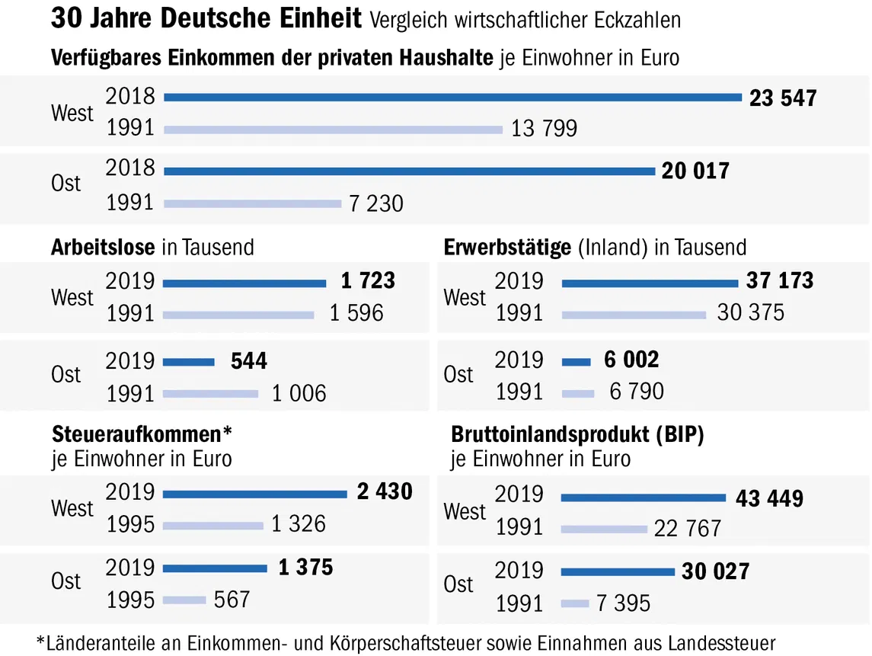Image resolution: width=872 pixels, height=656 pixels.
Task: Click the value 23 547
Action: click(x=783, y=98)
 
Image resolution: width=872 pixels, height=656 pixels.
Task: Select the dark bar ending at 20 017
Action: click(x=410, y=171)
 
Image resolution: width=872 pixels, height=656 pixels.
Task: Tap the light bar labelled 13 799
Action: click(x=334, y=129)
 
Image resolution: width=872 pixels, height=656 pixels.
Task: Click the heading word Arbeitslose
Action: click(x=104, y=247)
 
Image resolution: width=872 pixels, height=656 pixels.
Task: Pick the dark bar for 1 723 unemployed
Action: click(x=245, y=283)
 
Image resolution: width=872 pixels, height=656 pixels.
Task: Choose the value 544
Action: click(x=249, y=360)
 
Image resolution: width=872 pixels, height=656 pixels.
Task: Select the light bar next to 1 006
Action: click(x=211, y=393)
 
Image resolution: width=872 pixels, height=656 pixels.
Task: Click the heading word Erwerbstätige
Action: click(x=507, y=247)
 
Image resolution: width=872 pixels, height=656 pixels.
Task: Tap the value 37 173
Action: click(x=779, y=281)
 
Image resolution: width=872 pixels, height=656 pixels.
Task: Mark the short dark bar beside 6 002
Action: click(x=576, y=361)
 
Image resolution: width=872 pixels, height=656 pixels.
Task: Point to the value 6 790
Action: click(x=637, y=392)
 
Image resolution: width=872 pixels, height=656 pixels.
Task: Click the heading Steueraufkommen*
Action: click(x=142, y=434)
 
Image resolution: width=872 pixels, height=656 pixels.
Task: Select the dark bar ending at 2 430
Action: click(x=255, y=494)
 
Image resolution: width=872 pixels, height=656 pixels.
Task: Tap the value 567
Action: click(x=232, y=600)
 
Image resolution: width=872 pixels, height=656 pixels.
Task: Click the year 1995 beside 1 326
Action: click(x=130, y=525)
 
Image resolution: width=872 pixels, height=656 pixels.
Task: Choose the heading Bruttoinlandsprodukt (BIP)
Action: click(x=577, y=434)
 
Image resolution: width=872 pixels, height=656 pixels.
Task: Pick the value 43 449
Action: click(x=769, y=499)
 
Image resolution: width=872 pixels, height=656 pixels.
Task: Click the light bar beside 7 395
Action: click(x=575, y=603)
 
